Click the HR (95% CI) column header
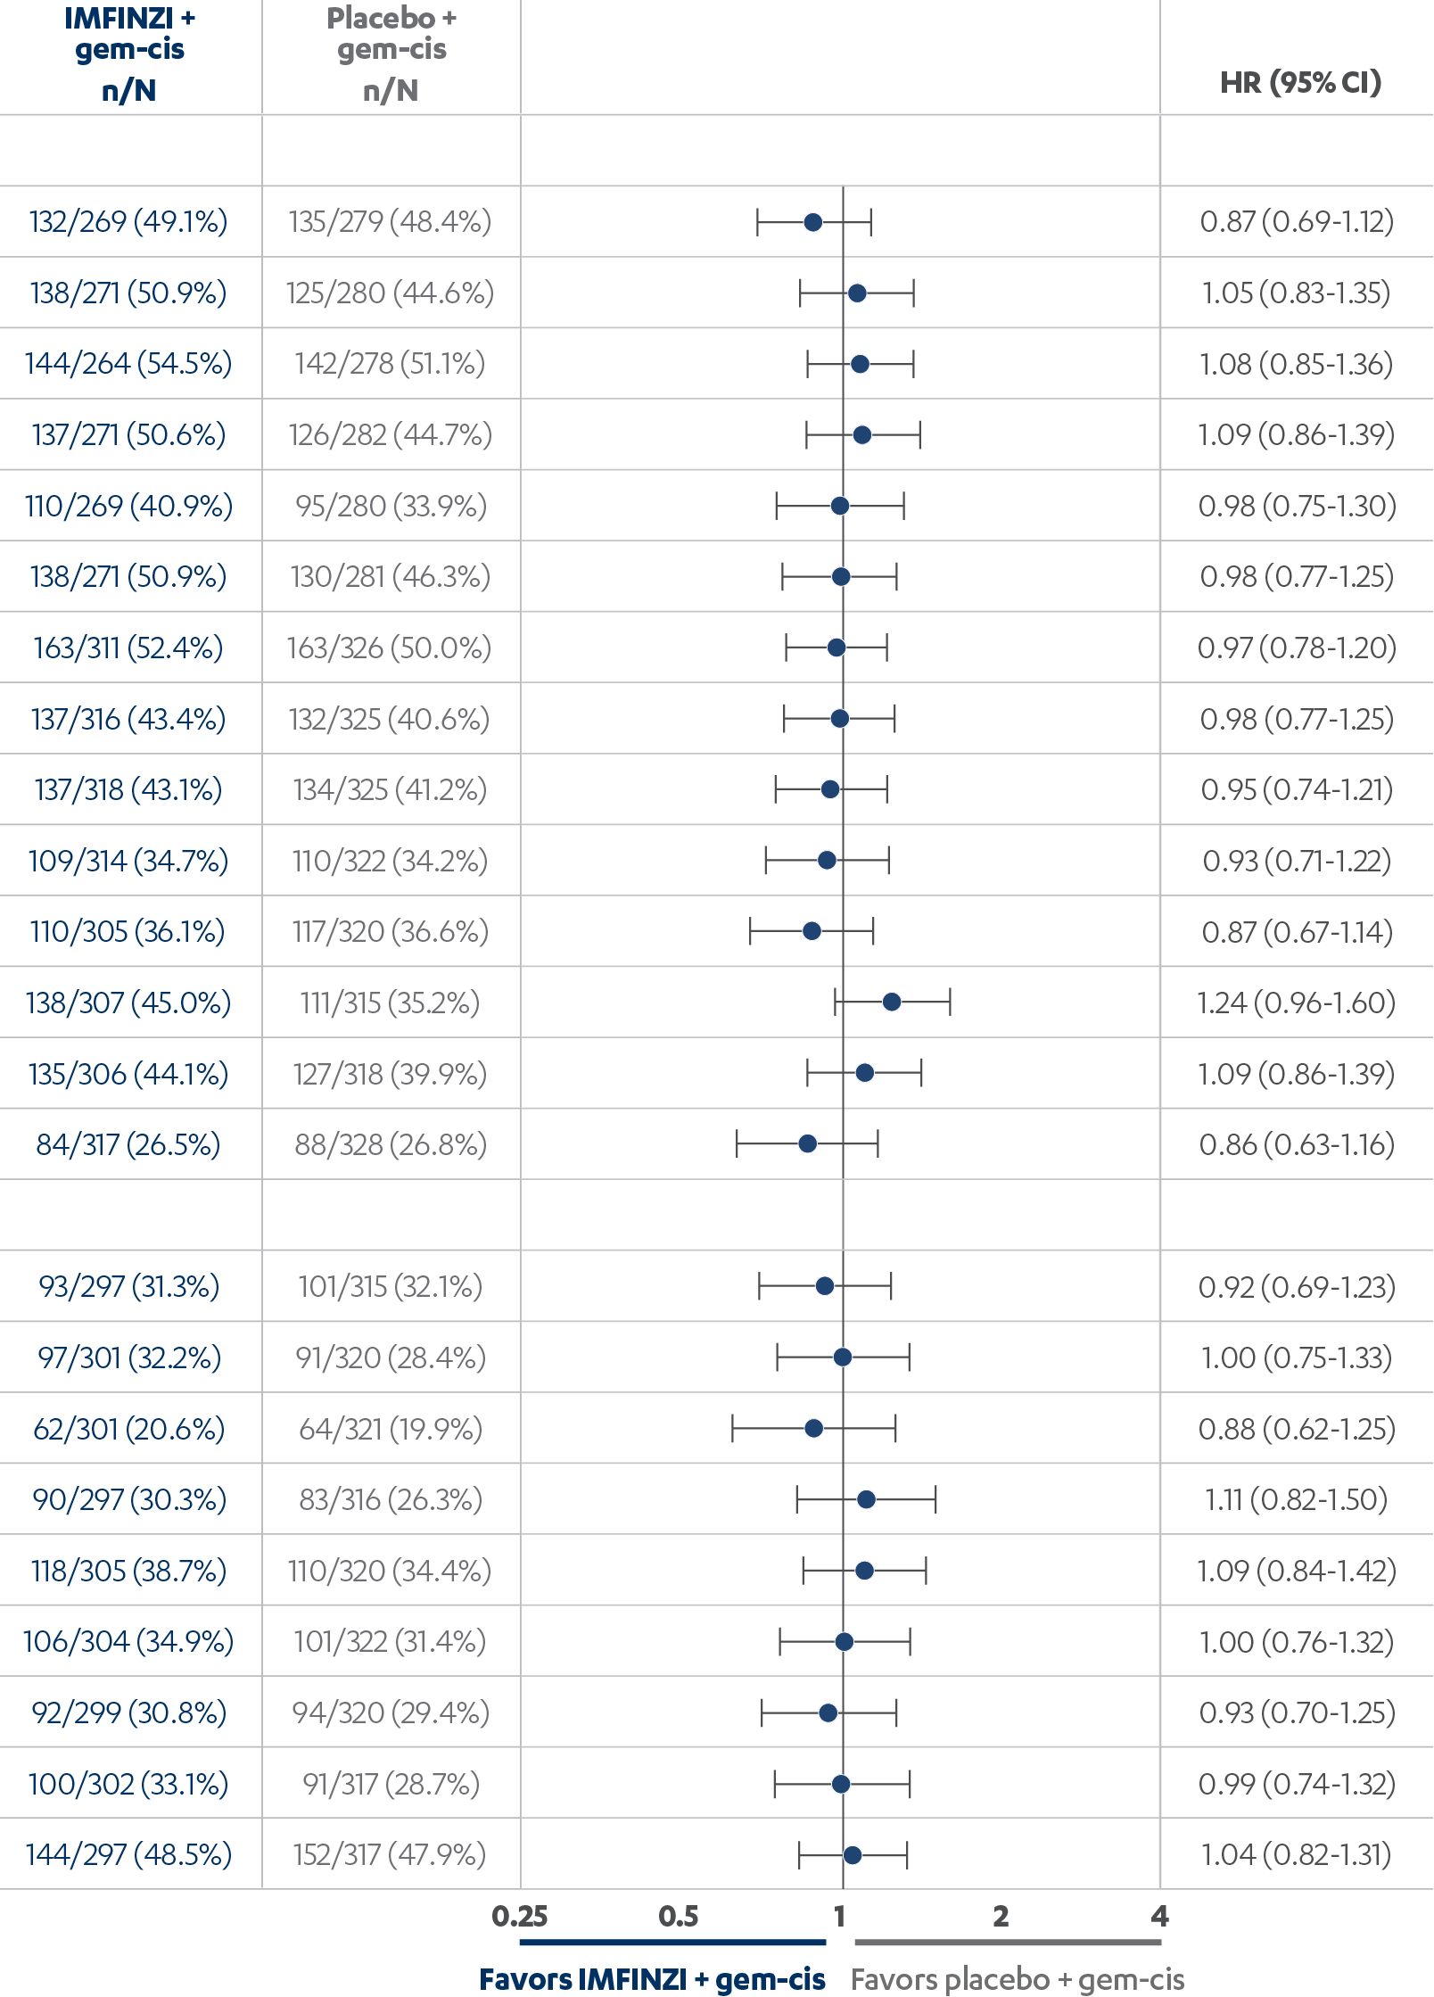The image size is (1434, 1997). (1300, 83)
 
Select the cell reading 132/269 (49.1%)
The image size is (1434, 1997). (128, 221)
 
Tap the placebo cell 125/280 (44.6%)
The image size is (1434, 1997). (390, 293)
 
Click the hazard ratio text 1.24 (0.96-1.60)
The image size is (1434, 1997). (1296, 1003)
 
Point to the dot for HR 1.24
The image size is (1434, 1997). (892, 1002)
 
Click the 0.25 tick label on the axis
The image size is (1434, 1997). (520, 1916)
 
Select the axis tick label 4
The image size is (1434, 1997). (1159, 1916)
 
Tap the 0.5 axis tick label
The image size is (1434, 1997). (679, 1916)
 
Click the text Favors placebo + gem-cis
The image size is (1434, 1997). (1018, 1979)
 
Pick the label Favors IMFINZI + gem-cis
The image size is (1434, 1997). (652, 1979)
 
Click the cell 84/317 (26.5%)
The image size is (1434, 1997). (128, 1144)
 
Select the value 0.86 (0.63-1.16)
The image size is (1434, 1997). (1296, 1144)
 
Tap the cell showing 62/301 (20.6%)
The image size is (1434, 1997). (128, 1429)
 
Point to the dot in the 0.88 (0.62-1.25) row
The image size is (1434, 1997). (813, 1428)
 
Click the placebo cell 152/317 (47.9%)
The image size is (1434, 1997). (390, 1854)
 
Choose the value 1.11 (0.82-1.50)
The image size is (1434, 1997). (1296, 1499)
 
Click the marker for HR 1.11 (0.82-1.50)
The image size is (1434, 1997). (866, 1499)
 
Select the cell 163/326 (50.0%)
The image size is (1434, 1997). (390, 648)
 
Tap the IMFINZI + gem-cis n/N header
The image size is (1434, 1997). (129, 54)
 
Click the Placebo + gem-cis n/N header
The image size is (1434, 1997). (391, 54)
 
